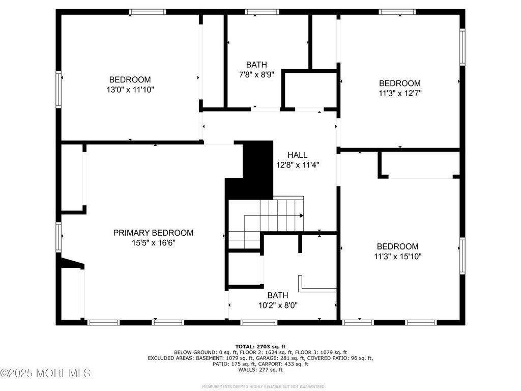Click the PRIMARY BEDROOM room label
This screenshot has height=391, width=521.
153,233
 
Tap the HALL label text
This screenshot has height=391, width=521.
297,155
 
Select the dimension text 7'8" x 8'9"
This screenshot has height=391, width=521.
256,74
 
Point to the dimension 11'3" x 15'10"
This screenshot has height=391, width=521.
398,257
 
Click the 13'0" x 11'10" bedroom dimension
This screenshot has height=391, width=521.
130,90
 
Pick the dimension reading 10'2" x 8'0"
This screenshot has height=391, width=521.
278,305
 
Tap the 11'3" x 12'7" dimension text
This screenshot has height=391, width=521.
400,93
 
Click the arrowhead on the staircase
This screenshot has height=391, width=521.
301,216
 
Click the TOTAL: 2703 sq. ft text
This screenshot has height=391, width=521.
260,347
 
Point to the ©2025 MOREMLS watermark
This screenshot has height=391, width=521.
45,373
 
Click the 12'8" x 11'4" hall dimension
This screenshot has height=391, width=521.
298,165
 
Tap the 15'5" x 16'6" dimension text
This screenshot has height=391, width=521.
154,243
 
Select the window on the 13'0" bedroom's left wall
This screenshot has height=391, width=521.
59,90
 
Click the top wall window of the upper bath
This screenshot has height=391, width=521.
262,12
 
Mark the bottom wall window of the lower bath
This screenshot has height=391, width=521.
258,322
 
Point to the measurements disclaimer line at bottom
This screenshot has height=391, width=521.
264,387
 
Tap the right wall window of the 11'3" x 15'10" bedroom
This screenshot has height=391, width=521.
462,256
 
